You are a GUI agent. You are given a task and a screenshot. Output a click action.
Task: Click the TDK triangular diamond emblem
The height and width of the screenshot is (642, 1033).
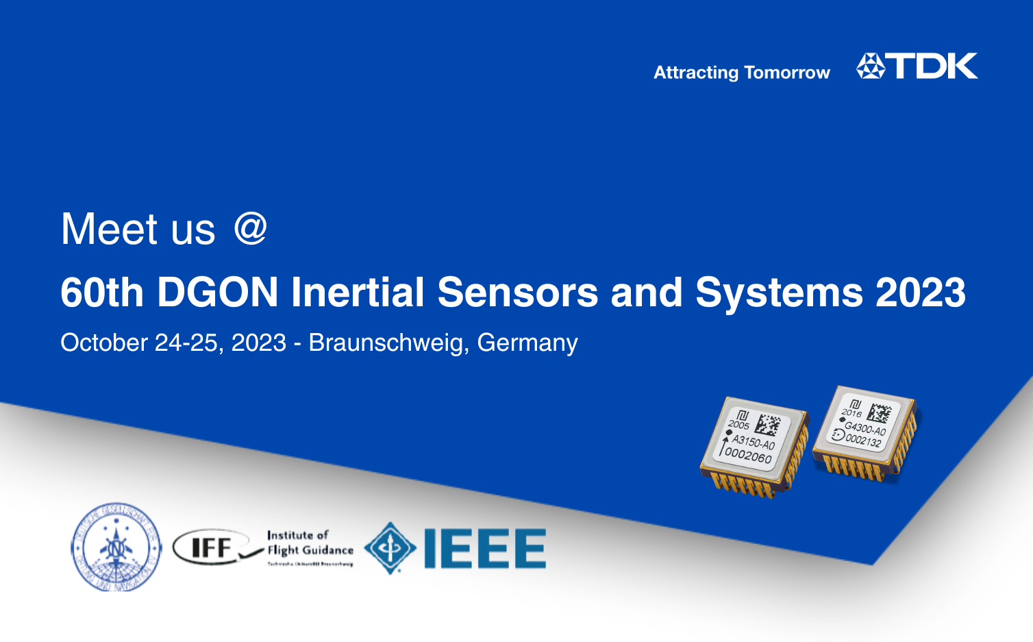871,66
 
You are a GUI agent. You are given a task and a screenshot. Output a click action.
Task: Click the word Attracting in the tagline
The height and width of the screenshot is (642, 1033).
695,73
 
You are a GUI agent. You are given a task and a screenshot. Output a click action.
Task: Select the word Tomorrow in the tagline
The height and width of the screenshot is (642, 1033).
786,73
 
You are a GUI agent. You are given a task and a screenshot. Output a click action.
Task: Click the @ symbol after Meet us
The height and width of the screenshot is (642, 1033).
250,228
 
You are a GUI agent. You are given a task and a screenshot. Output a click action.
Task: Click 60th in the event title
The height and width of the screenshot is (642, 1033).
102,293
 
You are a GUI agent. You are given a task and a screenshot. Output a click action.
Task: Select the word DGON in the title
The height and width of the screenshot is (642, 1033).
217,293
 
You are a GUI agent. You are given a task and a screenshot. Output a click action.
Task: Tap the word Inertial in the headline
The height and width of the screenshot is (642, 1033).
358,293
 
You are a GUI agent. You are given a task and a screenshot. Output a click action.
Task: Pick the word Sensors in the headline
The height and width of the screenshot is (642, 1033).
517,293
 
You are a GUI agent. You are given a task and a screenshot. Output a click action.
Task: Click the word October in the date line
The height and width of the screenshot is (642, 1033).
104,343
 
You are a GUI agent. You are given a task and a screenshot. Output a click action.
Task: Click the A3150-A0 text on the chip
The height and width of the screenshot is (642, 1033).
753,442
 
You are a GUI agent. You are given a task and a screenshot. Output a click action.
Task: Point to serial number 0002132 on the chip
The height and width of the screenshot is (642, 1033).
863,441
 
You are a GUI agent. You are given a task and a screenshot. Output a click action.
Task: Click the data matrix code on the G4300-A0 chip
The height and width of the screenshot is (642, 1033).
879,413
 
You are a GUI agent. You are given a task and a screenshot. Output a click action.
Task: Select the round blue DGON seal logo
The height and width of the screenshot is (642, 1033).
116,547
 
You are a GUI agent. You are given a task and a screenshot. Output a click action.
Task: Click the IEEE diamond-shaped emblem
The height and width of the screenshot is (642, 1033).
390,547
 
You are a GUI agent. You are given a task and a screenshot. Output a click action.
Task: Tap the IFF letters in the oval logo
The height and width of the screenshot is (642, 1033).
212,547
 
